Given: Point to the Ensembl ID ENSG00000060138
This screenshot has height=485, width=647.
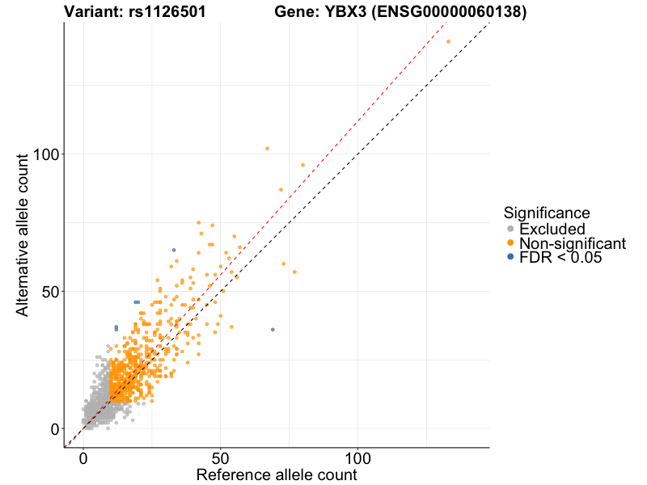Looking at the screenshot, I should [445, 12].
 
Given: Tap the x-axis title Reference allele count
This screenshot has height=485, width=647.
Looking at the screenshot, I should [277, 474].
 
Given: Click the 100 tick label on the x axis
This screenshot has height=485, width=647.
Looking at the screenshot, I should [358, 458].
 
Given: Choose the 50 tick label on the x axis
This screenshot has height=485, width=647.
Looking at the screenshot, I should [221, 458].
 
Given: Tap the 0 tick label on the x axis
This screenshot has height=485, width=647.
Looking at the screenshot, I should [83, 458].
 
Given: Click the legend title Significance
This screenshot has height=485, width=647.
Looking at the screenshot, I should [546, 213].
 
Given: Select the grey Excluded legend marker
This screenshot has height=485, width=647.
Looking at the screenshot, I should [510, 230].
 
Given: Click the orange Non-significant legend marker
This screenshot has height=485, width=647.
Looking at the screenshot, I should [510, 243].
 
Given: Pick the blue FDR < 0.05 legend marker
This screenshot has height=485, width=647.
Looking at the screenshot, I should [510, 257].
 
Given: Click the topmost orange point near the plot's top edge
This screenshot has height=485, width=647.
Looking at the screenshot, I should [448, 41].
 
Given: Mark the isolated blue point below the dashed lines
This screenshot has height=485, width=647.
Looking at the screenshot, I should [273, 329].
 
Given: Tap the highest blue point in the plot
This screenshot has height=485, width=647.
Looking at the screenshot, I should [173, 250].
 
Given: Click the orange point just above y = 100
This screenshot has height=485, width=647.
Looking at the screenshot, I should [267, 148].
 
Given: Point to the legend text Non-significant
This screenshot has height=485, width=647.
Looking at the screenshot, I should [573, 243].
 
